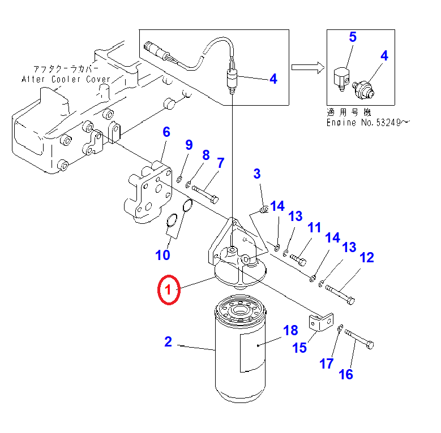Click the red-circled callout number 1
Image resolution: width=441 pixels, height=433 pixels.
(168, 290)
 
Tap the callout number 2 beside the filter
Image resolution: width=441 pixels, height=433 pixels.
(168, 341)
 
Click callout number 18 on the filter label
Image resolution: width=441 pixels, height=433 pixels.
(290, 331)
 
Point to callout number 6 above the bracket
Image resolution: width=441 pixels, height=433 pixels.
(166, 132)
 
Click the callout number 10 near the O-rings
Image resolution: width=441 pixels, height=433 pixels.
(162, 254)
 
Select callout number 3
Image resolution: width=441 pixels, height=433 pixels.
(257, 174)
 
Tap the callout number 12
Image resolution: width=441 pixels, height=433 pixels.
(366, 258)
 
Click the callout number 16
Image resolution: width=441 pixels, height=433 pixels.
(345, 374)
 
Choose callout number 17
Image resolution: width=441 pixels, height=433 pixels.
(326, 363)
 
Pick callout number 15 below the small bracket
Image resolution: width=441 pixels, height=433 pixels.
(299, 347)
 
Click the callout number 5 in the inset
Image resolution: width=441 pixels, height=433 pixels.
(353, 38)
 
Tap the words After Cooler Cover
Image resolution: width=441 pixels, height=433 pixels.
(66, 80)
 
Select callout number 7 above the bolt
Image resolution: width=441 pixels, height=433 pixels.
(220, 163)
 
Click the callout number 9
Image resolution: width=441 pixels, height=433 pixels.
(189, 145)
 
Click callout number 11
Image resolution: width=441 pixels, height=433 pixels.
(314, 228)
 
